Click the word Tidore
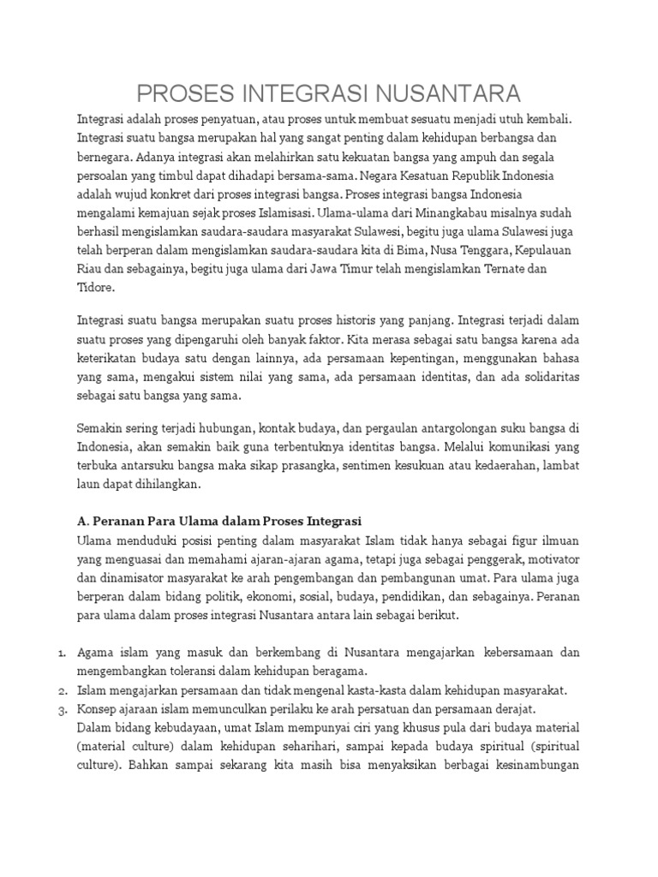(94, 288)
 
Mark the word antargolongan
(411, 427)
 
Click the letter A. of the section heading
(82, 521)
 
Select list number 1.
(63, 653)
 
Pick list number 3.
(63, 709)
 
